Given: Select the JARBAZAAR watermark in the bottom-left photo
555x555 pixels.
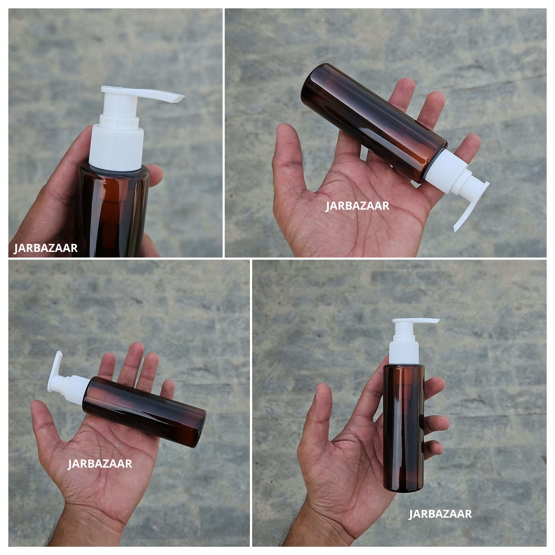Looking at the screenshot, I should pos(100,464).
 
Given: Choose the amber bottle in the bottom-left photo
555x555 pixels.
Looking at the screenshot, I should pos(144,411).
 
